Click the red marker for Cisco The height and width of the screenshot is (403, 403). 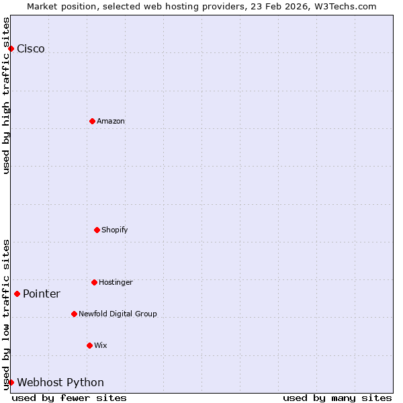tap(11, 48)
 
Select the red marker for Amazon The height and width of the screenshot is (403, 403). tap(92, 121)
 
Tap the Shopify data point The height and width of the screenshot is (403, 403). tap(97, 230)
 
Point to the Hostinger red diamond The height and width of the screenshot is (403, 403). tap(94, 282)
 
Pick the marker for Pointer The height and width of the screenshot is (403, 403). tap(17, 294)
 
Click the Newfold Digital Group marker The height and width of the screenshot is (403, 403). tap(74, 314)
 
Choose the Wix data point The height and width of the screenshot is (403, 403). tap(89, 345)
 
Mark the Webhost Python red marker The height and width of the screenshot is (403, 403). tap(11, 382)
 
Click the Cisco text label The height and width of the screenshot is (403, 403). tap(31, 48)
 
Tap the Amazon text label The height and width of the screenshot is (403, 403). tap(111, 121)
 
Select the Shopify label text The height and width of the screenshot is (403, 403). tap(115, 230)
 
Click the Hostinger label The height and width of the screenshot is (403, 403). tap(116, 282)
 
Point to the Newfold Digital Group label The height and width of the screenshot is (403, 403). tap(118, 314)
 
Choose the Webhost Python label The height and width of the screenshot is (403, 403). tap(60, 383)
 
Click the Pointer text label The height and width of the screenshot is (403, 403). tap(42, 294)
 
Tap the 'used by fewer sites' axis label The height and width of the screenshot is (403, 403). tap(69, 398)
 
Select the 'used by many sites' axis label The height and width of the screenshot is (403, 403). tap(337, 398)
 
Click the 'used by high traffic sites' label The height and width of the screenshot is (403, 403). tap(6, 95)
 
